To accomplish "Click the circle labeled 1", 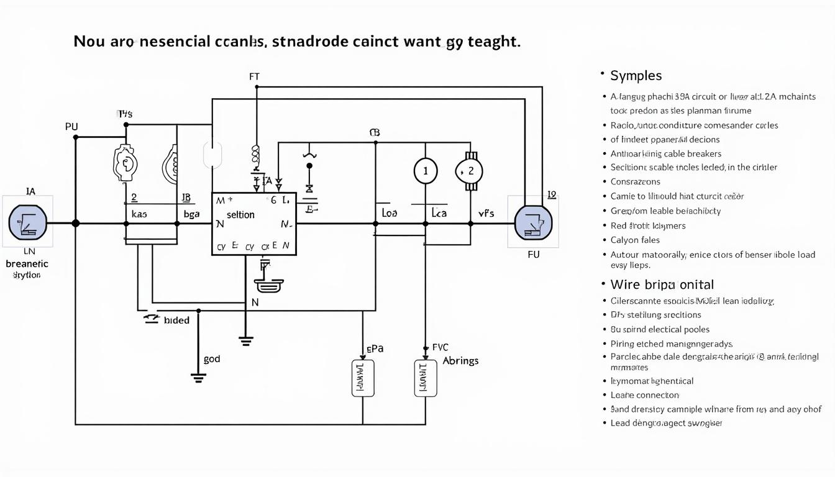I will (426, 171).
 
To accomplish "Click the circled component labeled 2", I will (470, 171).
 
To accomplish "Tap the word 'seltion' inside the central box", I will (240, 215).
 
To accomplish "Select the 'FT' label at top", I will (254, 77).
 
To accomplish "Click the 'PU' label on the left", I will (71, 127).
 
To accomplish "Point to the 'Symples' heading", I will (636, 76).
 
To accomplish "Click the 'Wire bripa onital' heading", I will (662, 284).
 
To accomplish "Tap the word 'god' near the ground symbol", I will (211, 359).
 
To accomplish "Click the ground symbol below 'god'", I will (198, 377).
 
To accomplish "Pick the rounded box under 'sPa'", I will (363, 378).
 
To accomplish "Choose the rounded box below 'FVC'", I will (426, 378).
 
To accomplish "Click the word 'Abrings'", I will (460, 361).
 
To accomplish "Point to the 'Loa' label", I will (389, 213).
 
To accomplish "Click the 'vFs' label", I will (486, 213).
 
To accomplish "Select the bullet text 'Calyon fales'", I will (635, 240).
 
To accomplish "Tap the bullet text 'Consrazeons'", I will (635, 181).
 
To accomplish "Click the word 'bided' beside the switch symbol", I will (176, 320).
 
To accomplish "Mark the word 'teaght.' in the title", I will (493, 42).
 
